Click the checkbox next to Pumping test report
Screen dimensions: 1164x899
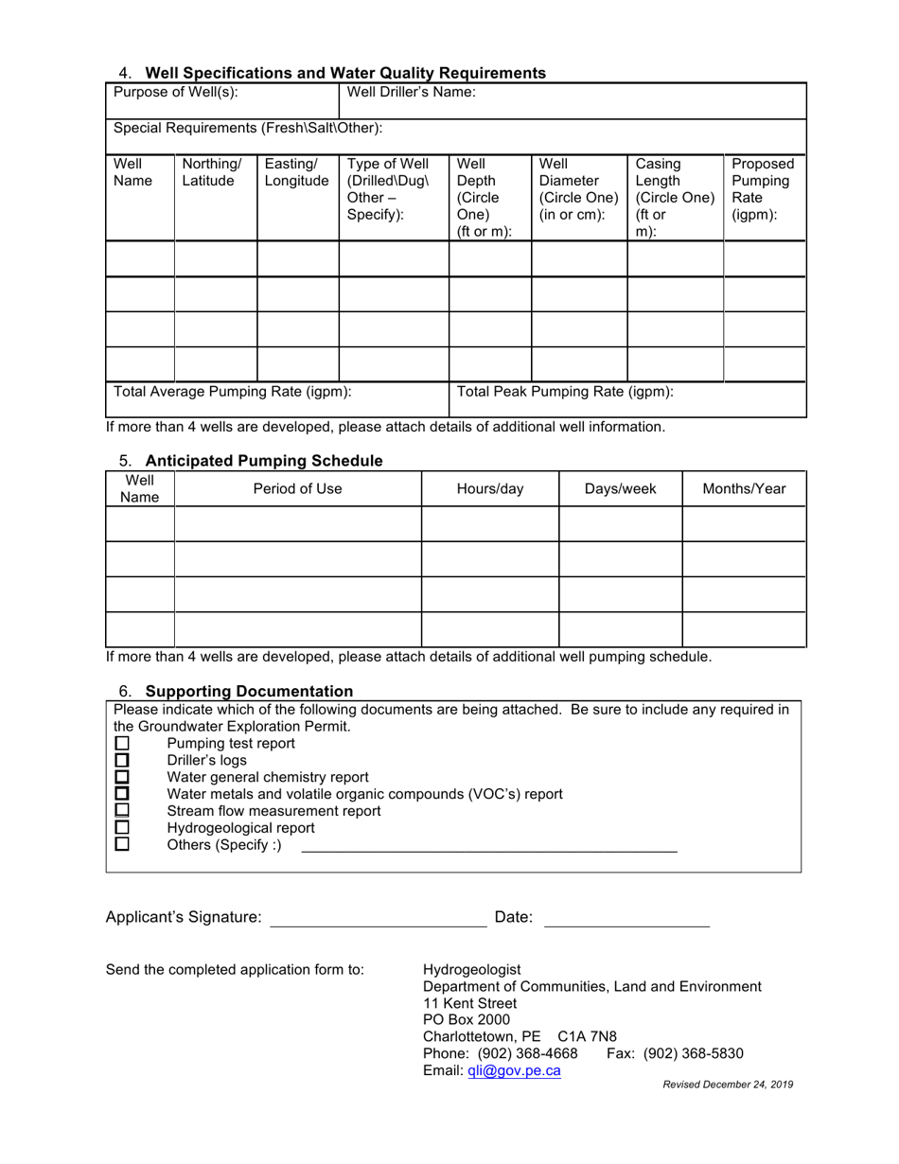tap(121, 744)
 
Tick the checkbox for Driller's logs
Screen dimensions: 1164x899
tap(121, 761)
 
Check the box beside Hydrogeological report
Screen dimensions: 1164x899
tap(121, 828)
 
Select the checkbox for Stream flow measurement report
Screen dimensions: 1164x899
tap(121, 811)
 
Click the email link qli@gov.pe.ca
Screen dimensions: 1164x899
tap(514, 1071)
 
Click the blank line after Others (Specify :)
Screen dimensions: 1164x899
tap(488, 848)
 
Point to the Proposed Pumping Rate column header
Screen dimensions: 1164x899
tap(763, 189)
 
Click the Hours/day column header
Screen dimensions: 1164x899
tap(489, 489)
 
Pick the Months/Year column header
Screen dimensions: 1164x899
tap(744, 489)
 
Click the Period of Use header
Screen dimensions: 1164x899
tap(297, 489)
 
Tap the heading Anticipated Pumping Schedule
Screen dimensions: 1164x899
tap(263, 461)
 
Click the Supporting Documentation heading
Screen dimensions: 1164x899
tap(249, 692)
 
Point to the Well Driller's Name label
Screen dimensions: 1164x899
tap(412, 93)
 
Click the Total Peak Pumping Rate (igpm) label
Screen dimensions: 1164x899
tap(565, 392)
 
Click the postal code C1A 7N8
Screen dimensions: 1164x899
tap(587, 1037)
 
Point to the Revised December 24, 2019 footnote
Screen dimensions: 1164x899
tap(728, 1085)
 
